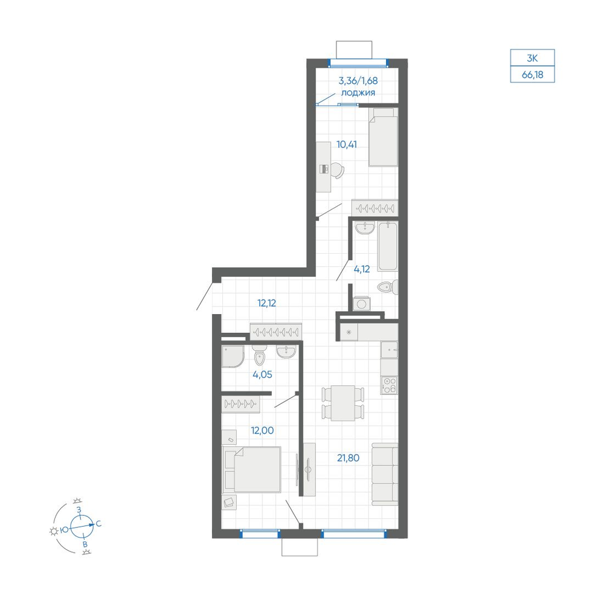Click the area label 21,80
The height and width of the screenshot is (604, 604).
tap(349, 458)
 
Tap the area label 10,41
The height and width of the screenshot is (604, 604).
tap(347, 144)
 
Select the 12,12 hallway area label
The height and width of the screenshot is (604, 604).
tap(266, 303)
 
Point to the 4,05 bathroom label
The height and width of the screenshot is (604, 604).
tap(262, 374)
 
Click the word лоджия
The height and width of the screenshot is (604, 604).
tap(358, 93)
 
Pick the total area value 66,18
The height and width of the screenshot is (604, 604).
tap(532, 75)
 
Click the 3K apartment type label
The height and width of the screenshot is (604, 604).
tap(532, 58)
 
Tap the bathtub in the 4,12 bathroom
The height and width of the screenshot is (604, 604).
tap(388, 246)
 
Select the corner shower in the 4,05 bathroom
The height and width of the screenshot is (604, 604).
tap(233, 356)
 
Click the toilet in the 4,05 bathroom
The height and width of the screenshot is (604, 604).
tap(260, 355)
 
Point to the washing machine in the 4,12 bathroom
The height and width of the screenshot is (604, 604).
tap(362, 304)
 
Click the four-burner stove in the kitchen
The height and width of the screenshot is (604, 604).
tap(389, 385)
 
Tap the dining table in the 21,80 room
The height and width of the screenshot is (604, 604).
tap(343, 403)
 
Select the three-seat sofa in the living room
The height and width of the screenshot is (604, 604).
tap(385, 474)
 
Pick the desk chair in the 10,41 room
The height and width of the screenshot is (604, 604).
tap(337, 170)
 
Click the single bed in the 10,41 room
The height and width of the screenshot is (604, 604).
tap(384, 137)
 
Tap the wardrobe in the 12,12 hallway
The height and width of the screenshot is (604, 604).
tap(276, 331)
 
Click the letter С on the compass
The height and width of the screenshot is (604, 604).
tap(98, 524)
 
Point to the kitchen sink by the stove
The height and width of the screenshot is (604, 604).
tap(389, 350)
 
